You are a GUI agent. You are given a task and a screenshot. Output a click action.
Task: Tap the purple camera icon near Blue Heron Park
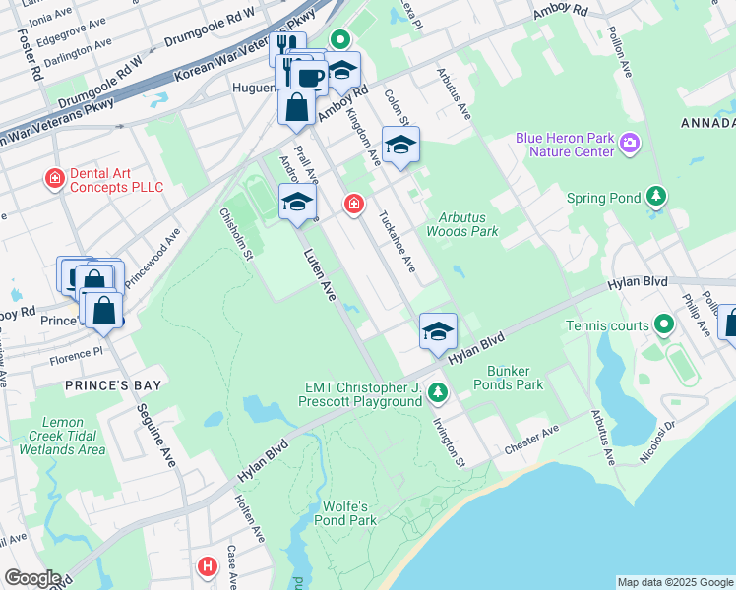630,146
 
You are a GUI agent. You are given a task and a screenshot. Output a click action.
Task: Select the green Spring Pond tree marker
656,198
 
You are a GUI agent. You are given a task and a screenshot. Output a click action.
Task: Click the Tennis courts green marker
664,324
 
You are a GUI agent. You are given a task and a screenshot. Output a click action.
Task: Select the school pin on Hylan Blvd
438,331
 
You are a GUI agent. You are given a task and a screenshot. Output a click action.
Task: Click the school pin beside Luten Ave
297,203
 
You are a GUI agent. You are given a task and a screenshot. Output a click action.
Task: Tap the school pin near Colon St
399,146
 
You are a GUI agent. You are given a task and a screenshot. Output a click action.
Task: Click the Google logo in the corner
31,578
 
